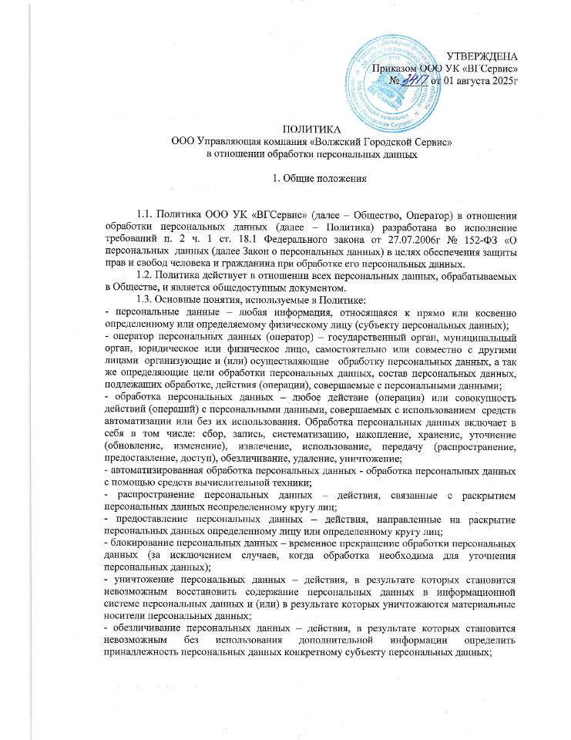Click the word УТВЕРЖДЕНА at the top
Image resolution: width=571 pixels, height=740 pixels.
click(x=483, y=57)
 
